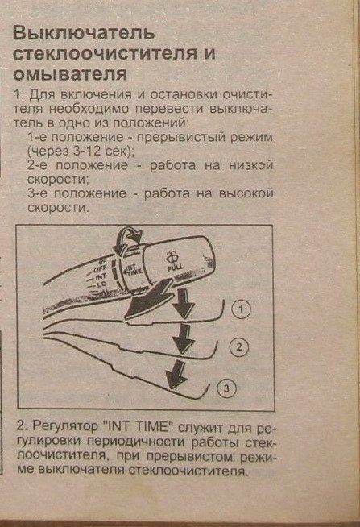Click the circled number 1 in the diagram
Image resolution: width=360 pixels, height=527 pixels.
click(x=241, y=309)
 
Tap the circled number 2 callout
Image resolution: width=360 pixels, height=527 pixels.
click(x=238, y=346)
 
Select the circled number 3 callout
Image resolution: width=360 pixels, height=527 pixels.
click(x=226, y=388)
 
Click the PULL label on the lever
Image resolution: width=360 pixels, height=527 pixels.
click(x=176, y=268)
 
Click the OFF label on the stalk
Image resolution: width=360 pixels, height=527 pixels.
click(x=99, y=269)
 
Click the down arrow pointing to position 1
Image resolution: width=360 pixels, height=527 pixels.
click(x=184, y=304)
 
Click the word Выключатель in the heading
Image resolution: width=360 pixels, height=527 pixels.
click(x=84, y=33)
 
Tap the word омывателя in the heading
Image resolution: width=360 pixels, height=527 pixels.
click(x=70, y=74)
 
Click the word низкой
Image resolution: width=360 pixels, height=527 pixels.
click(x=250, y=165)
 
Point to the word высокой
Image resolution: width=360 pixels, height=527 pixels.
click(x=246, y=193)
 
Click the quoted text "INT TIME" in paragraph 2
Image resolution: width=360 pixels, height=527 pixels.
click(x=139, y=427)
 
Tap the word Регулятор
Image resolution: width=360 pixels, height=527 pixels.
click(x=65, y=427)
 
